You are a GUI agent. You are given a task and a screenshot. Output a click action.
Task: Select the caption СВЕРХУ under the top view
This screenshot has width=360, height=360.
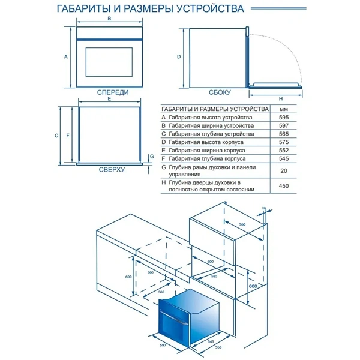(112, 170)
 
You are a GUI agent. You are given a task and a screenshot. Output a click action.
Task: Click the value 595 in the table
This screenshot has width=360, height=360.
(284, 118)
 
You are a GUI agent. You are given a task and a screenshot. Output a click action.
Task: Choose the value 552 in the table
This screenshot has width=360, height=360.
(284, 151)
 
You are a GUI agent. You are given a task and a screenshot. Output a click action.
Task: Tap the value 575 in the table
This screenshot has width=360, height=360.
(284, 143)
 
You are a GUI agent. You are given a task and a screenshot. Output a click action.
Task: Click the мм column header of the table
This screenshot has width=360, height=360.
(284, 109)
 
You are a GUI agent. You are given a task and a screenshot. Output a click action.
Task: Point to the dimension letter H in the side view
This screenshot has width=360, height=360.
(280, 98)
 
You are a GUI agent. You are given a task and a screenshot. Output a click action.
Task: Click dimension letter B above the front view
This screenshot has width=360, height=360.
(109, 19)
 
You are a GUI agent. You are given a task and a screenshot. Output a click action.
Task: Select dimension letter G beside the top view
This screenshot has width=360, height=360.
(152, 157)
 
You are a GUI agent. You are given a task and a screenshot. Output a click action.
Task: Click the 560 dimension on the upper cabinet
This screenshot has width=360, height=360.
(242, 224)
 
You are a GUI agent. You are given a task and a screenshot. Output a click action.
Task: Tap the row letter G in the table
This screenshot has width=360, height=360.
(163, 169)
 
